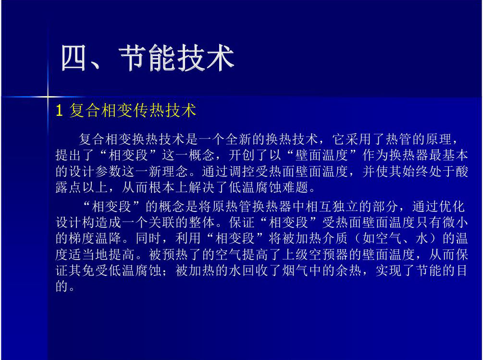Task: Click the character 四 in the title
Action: pos(74,58)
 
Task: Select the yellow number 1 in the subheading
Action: pos(60,111)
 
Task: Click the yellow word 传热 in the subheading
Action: pos(149,111)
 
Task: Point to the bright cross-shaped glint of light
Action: pos(48,97)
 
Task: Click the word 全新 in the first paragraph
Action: pos(239,139)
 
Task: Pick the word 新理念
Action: pos(168,172)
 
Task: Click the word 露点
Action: pos(69,187)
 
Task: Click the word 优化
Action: pos(452,206)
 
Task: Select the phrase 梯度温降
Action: pos(96,238)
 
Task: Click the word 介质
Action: pos(334,238)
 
